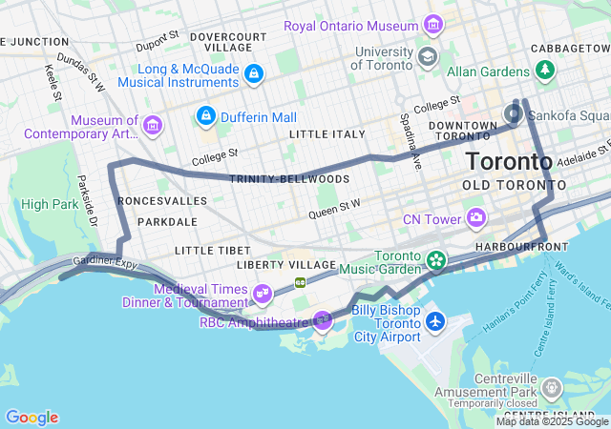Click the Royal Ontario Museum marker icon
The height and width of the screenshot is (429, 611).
point(433,24)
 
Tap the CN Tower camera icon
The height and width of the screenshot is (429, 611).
point(475,219)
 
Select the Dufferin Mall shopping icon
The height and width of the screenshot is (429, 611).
point(205,116)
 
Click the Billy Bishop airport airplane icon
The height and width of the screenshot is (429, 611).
point(435,320)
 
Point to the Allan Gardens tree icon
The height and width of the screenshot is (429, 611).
point(545,71)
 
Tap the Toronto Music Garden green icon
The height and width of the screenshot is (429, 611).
point(435,259)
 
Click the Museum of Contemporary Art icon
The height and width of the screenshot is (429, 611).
point(152,125)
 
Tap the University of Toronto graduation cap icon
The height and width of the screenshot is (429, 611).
point(428,56)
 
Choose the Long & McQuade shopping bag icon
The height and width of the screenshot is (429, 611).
point(253,72)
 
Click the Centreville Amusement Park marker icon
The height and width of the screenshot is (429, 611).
point(551,388)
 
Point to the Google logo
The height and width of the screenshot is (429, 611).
point(32,418)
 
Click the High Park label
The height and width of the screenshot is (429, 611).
point(47,204)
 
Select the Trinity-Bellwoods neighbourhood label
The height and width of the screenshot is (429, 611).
point(290,179)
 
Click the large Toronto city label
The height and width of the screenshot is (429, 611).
point(508,160)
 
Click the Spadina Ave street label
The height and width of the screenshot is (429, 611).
point(411,141)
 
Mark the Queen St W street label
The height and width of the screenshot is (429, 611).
point(334,209)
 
